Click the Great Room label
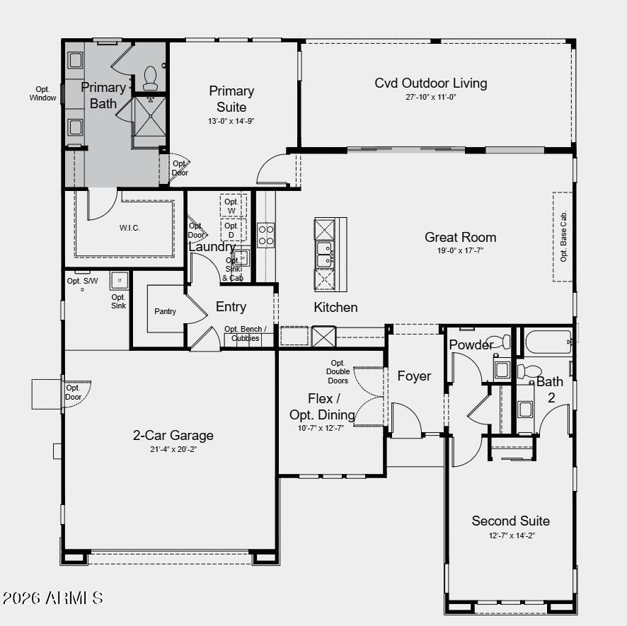click(x=460, y=237)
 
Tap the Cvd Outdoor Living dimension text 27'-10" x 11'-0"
click(x=431, y=97)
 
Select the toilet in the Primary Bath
click(x=150, y=79)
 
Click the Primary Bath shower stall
click(x=150, y=116)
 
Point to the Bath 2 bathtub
click(x=548, y=342)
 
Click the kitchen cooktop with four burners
click(x=266, y=235)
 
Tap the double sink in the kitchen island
click(x=325, y=254)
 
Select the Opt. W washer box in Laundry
click(x=233, y=205)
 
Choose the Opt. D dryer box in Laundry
click(x=233, y=230)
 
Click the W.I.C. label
click(x=130, y=228)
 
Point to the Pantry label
click(x=165, y=311)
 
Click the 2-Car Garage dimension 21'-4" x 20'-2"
click(x=173, y=449)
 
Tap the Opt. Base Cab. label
click(x=563, y=236)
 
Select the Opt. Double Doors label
click(x=338, y=372)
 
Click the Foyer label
click(x=414, y=376)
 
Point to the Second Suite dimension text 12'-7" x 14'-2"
click(x=512, y=535)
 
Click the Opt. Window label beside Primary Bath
click(x=42, y=93)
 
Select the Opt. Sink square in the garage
click(x=119, y=281)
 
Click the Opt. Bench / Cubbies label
click(x=245, y=333)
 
